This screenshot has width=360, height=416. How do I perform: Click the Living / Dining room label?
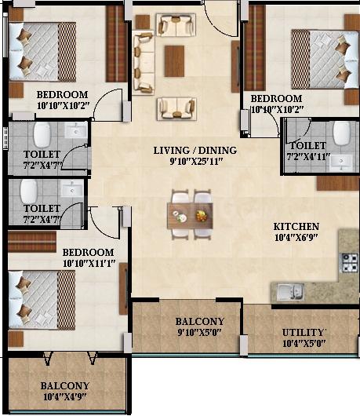[x=195, y=151]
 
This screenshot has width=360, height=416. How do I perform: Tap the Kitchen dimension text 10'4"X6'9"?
[x=296, y=238]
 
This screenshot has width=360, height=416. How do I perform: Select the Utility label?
[x=304, y=333]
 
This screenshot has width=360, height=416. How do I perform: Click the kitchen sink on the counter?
[x=290, y=291]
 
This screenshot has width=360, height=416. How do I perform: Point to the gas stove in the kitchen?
[x=349, y=263]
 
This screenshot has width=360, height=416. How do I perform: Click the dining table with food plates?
[x=190, y=216]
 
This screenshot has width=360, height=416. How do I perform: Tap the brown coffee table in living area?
[x=174, y=61]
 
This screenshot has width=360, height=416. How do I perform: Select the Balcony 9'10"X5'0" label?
[x=200, y=327]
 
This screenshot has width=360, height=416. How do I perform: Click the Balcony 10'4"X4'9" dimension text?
[x=65, y=397]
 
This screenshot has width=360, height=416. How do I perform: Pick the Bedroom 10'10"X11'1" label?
[x=89, y=257]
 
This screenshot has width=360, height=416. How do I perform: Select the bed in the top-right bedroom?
[x=325, y=60]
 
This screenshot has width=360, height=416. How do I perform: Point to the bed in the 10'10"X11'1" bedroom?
[x=42, y=300]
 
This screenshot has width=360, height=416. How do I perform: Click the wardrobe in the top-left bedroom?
[x=116, y=44]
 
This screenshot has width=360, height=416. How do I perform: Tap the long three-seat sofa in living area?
[x=144, y=63]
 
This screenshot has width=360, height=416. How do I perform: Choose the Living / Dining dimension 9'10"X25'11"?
[x=196, y=162]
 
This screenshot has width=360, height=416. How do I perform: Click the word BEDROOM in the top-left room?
[x=62, y=94]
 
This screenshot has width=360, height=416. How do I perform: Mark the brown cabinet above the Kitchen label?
[x=338, y=184]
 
